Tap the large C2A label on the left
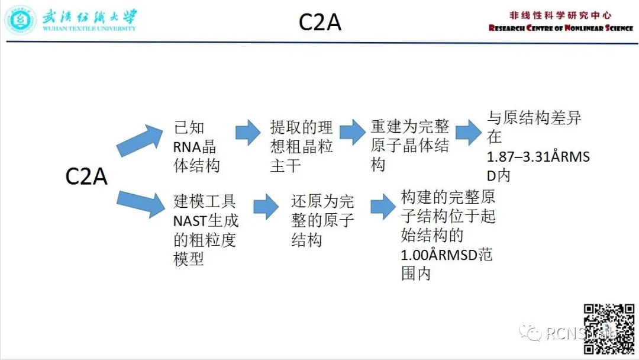tap(86, 176)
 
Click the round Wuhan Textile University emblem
tap(20, 20)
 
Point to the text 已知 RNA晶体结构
tap(196, 146)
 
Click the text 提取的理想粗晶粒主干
tap(301, 146)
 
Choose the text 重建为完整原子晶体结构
tap(409, 146)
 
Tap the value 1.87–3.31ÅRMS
tap(538, 158)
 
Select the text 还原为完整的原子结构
tap(322, 220)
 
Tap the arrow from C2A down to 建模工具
tap(140, 203)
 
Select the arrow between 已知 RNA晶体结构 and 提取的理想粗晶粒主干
tap(248, 132)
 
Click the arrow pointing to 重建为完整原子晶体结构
tap(352, 132)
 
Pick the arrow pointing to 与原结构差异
tap(468, 132)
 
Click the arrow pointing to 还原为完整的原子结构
tap(266, 207)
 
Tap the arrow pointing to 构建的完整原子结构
tap(383, 207)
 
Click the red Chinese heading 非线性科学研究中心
tap(560, 15)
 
